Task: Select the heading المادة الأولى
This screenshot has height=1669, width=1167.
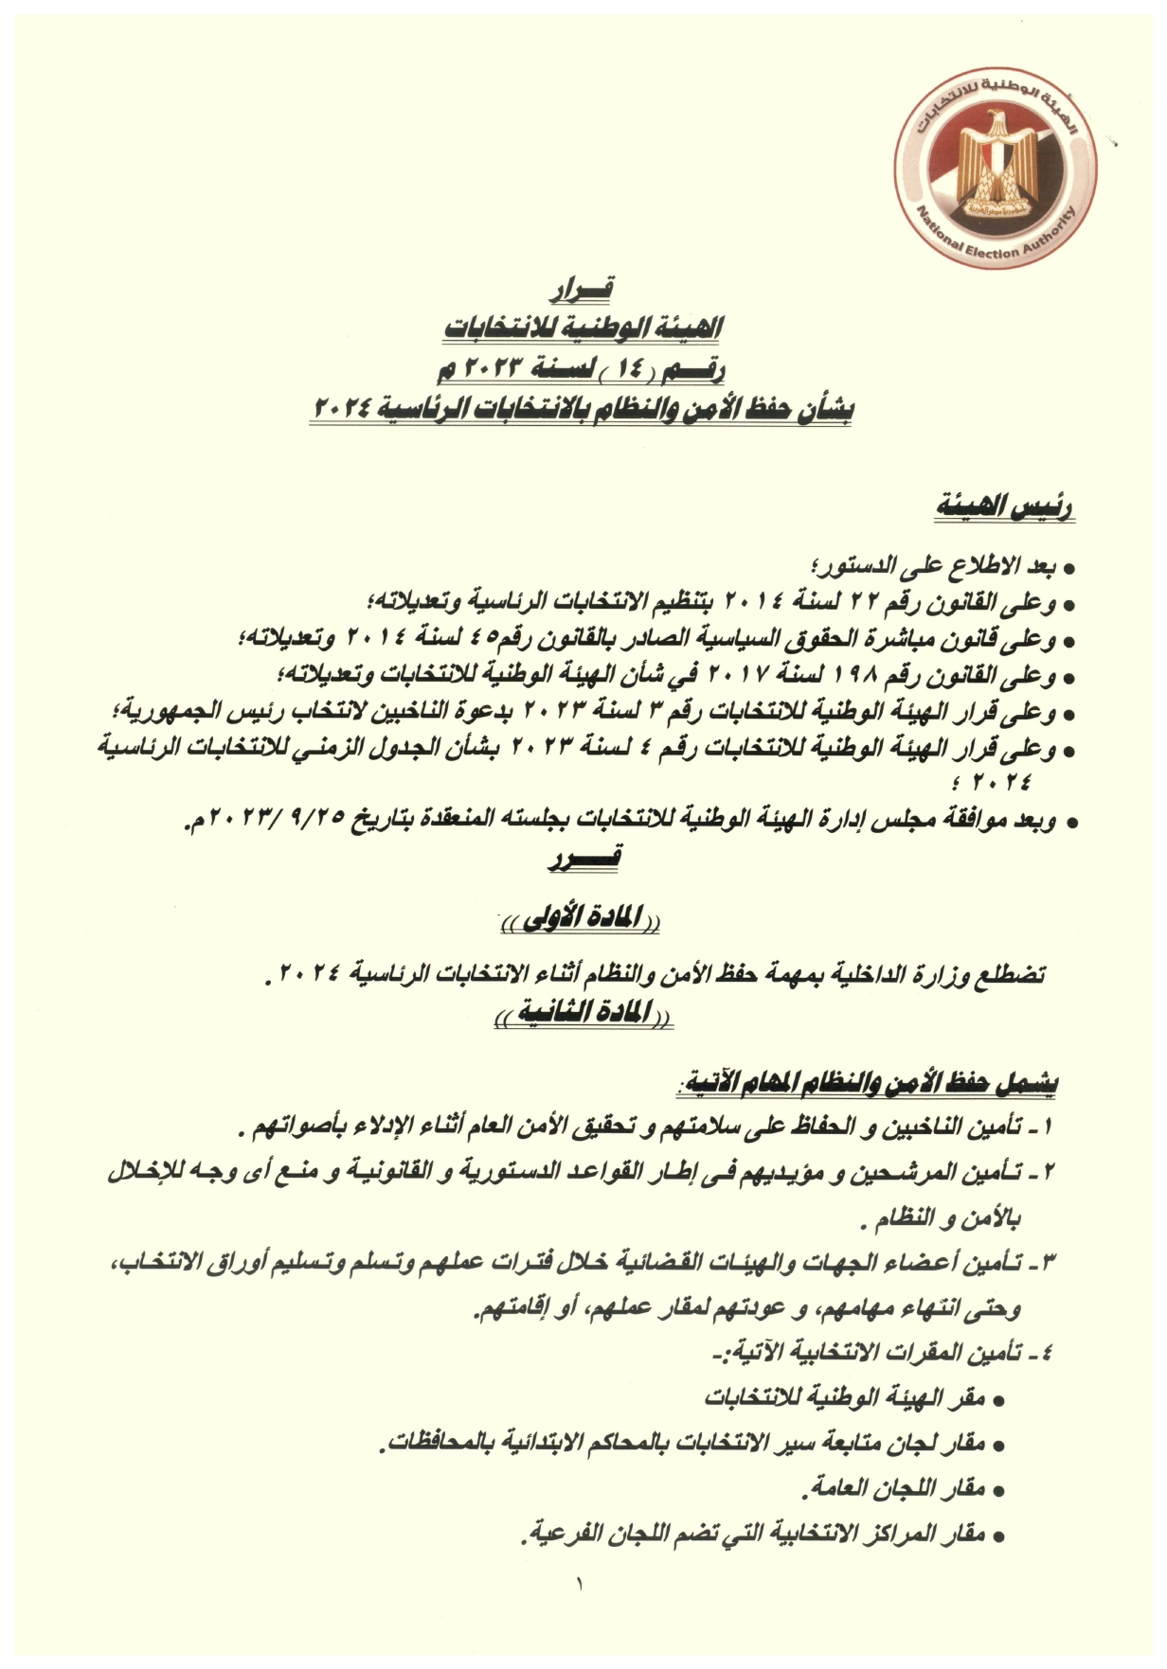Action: [x=581, y=918]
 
